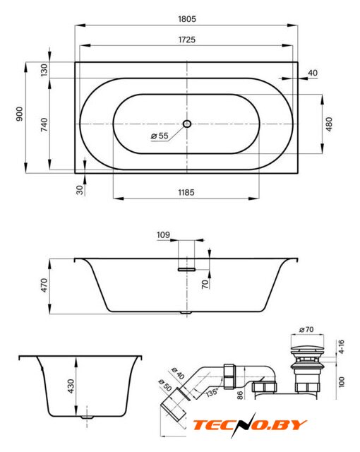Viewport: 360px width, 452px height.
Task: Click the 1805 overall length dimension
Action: pos(187,19)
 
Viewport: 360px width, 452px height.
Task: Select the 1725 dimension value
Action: pos(187,40)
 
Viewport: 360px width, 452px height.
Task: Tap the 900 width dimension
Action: pos(19,114)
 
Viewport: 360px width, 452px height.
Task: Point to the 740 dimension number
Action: pos(44,124)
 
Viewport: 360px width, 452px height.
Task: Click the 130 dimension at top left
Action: pos(44,70)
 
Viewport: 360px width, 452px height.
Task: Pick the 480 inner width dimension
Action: pos(329,124)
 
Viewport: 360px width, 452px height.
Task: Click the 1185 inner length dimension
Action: pos(186,192)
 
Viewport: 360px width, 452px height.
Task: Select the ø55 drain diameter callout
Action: pos(160,136)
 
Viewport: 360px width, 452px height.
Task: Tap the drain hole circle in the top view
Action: pos(187,124)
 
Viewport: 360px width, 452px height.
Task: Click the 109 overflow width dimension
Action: pos(163,235)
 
